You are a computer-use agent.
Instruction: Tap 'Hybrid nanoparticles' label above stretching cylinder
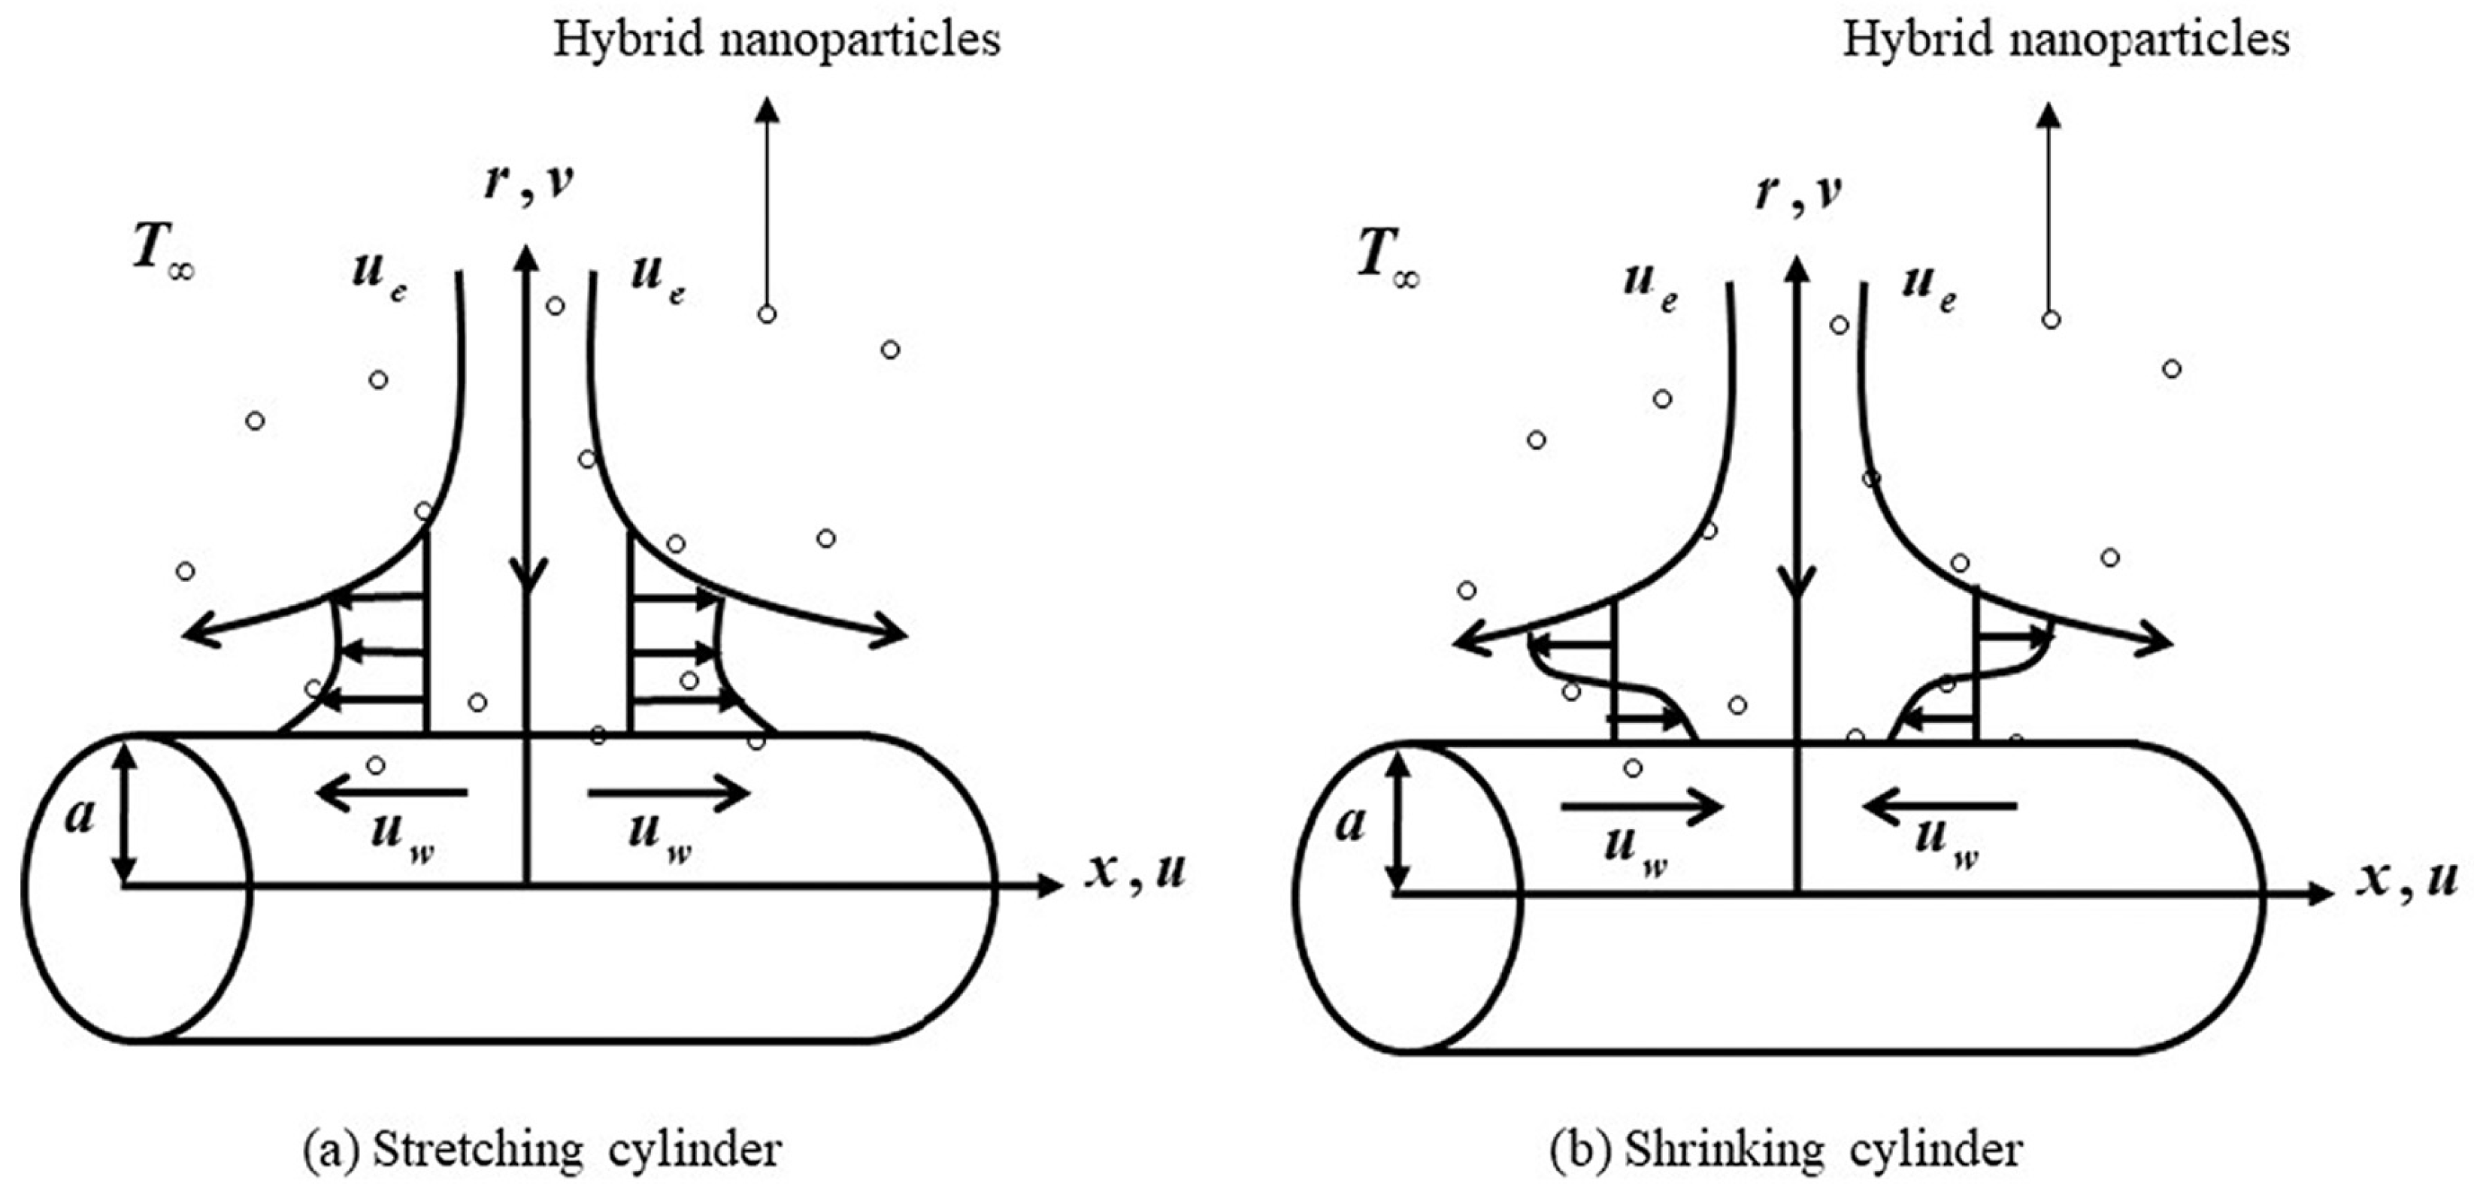pos(776,41)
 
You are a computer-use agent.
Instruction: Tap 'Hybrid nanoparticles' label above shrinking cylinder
pos(2066,41)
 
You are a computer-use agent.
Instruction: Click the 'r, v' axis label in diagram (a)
pos(528,180)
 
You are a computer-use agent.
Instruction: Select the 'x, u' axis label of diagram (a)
pos(1136,871)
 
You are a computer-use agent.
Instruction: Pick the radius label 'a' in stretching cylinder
pos(80,815)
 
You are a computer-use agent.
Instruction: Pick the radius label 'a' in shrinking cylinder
pos(1349,823)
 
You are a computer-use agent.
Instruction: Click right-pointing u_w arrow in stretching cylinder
pos(668,794)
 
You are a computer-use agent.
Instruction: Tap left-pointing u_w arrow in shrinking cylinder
pos(1940,808)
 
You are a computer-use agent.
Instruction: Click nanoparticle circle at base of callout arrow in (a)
pos(766,314)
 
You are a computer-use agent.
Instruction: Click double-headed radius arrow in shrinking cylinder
pos(1399,822)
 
